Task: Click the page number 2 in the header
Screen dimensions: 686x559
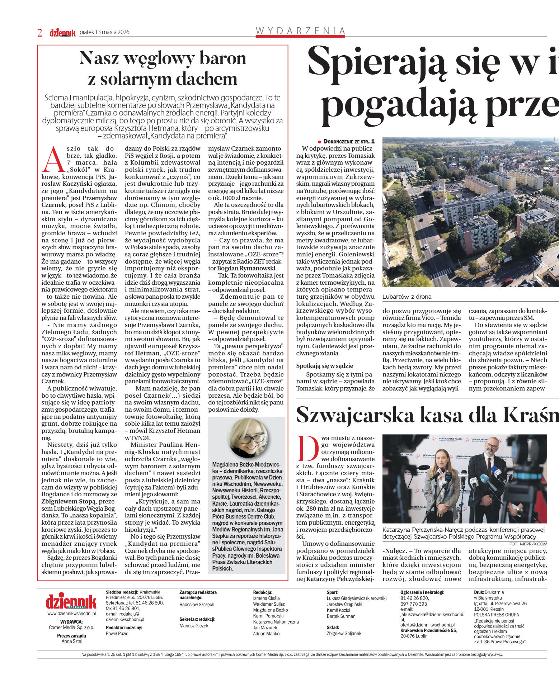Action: click(40, 33)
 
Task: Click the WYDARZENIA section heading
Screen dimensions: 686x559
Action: click(300, 31)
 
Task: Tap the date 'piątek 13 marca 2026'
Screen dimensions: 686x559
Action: click(104, 32)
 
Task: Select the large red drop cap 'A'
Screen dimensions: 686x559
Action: click(52, 159)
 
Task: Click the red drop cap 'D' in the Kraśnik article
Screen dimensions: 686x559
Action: click(308, 448)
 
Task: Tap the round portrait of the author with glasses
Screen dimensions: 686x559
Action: click(248, 437)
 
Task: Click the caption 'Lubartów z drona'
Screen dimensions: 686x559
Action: click(407, 297)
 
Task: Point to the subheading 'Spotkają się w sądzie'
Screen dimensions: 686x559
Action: click(324, 366)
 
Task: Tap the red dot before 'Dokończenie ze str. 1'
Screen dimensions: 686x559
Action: click(319, 142)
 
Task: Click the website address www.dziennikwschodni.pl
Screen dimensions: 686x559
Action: click(71, 614)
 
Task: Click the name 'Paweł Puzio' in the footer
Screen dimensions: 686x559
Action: click(117, 634)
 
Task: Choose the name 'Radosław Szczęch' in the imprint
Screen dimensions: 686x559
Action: click(197, 605)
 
